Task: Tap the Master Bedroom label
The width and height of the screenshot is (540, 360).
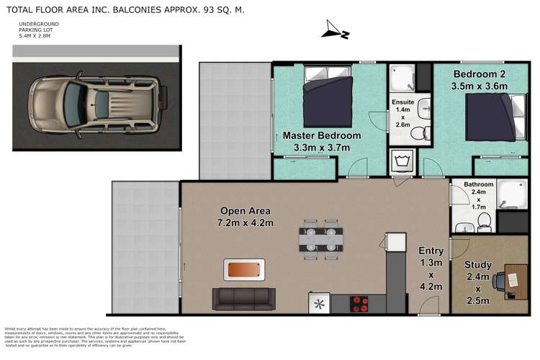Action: (x=316, y=135)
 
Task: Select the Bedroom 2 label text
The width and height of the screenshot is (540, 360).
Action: (x=481, y=74)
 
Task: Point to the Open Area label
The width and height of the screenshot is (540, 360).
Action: (x=245, y=211)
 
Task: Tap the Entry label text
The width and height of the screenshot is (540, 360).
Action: (x=431, y=251)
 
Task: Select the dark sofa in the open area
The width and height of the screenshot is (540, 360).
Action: (x=243, y=297)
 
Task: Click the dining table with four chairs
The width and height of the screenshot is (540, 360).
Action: (x=320, y=239)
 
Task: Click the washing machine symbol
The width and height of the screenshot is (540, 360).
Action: (x=400, y=160)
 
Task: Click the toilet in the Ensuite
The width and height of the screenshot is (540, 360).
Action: (x=424, y=132)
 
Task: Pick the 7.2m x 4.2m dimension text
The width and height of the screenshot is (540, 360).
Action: (x=245, y=224)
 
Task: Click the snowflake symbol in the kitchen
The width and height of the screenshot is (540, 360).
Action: (x=318, y=303)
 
